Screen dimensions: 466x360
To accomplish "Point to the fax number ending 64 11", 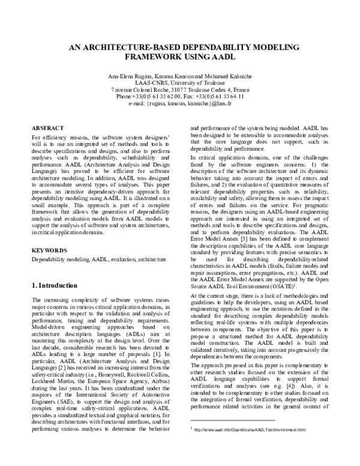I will pos(230,95).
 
